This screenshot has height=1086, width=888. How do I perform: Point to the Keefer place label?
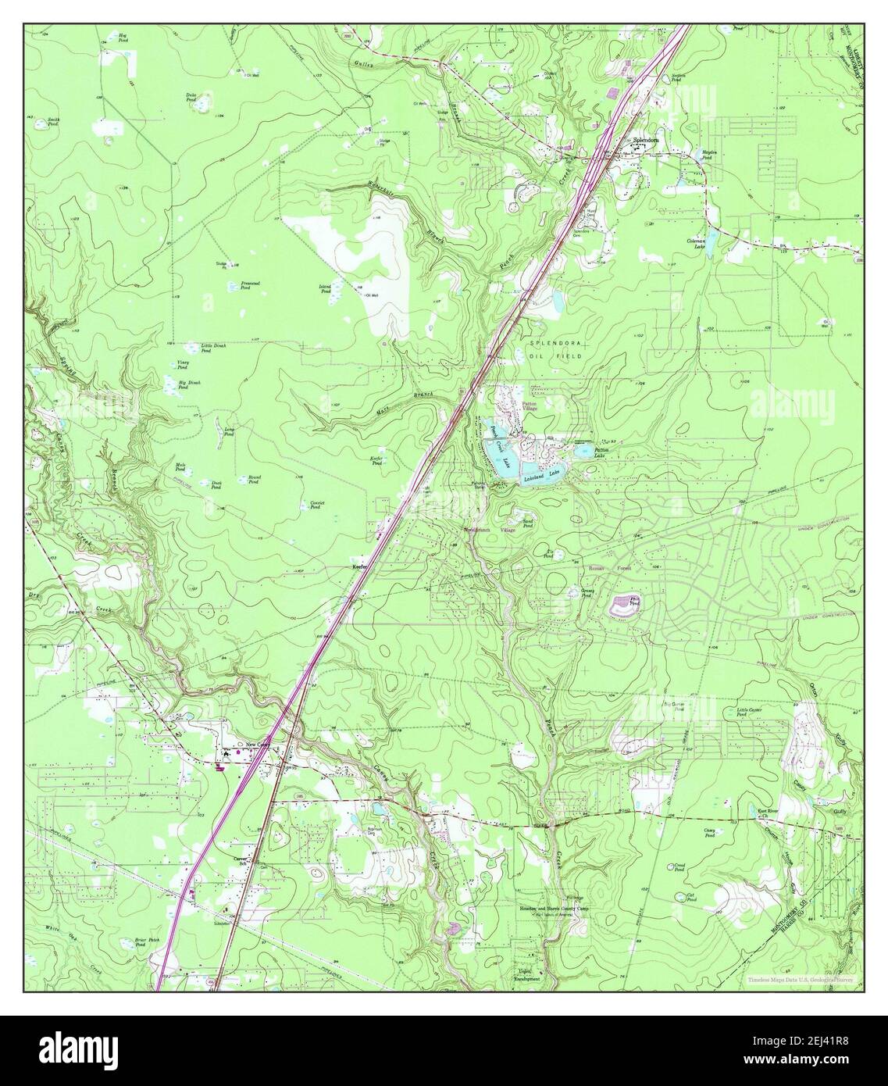click(360, 566)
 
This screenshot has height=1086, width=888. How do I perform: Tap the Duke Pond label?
click(191, 97)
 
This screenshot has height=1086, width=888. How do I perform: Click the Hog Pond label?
click(123, 37)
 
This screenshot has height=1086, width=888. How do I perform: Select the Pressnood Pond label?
click(251, 284)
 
